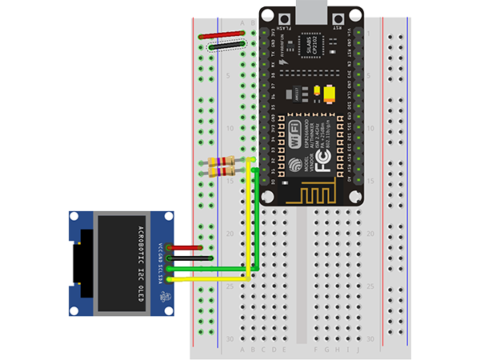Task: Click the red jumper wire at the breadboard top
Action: click(222, 35)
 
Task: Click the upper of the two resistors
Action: click(221, 162)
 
